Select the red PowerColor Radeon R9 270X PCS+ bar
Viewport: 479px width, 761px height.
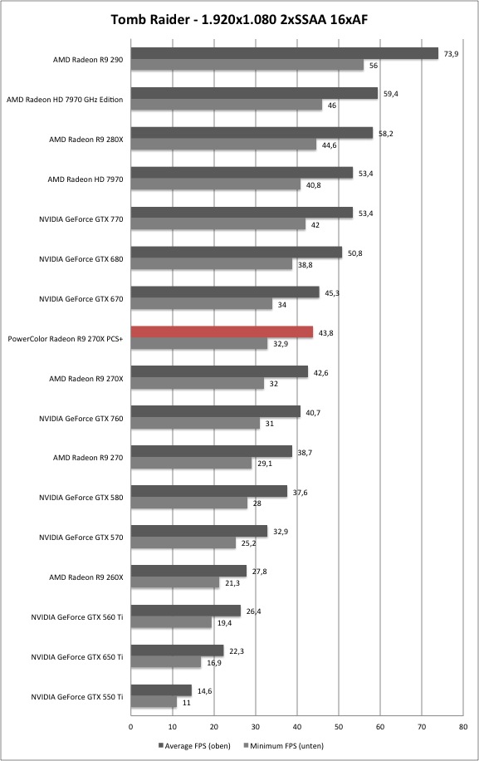click(x=222, y=332)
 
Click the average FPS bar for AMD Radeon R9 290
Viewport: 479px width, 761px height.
click(x=285, y=53)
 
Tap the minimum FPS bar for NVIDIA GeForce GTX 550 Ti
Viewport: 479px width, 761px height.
click(x=154, y=702)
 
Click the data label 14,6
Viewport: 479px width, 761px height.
click(x=204, y=691)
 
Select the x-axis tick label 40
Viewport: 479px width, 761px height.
click(x=297, y=727)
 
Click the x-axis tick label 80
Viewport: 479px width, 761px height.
click(x=463, y=727)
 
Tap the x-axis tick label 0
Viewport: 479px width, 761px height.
click(x=131, y=727)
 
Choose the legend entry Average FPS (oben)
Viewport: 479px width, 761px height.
click(x=194, y=745)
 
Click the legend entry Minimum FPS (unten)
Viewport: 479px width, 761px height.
click(x=284, y=745)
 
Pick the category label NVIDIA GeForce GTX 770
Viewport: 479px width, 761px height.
click(x=81, y=219)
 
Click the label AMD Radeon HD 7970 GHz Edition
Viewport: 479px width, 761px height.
click(x=65, y=100)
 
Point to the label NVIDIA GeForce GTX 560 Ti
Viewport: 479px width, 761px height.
click(x=77, y=617)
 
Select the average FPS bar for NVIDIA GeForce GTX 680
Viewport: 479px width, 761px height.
click(x=237, y=253)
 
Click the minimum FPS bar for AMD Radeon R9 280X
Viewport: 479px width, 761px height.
click(x=223, y=145)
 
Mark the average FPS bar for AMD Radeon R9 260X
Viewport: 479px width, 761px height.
click(x=188, y=571)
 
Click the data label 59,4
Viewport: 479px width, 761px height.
click(x=391, y=94)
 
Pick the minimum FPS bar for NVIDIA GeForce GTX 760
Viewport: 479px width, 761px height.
click(x=195, y=423)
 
